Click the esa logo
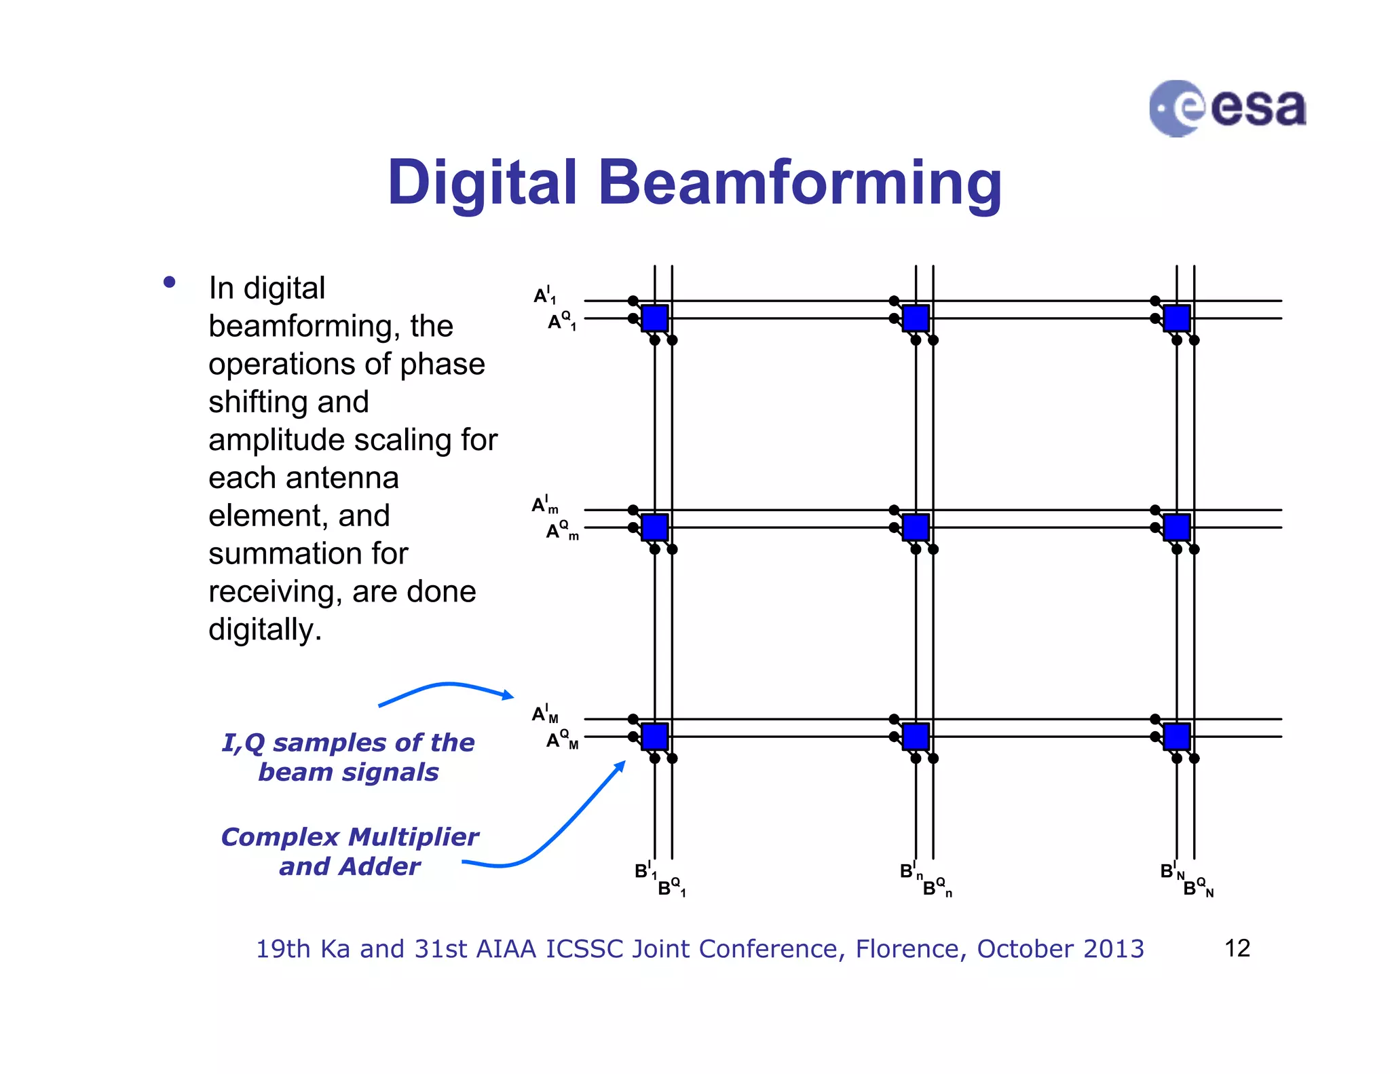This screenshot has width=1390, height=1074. pos(1226,108)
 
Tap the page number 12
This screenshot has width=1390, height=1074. pos(1237,948)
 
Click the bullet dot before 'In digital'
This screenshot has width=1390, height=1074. pos(170,282)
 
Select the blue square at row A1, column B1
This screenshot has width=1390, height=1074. pos(655,318)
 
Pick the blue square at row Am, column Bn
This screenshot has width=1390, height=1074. pos(916,527)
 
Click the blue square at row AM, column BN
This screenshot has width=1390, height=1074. pos(1177,736)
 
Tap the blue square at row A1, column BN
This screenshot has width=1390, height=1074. pos(1177,318)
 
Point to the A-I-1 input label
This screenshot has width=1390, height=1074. pos(544,296)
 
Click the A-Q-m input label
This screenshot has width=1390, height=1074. pos(562,530)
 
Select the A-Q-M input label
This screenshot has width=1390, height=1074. pos(562,739)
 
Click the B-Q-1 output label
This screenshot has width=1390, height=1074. pos(671,887)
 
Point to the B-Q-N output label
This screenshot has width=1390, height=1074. pos(1197,887)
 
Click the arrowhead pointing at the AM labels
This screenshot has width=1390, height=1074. pos(508,695)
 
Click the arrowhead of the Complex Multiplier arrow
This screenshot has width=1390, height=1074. pos(620,766)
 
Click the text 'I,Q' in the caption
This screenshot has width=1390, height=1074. pos(243,743)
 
